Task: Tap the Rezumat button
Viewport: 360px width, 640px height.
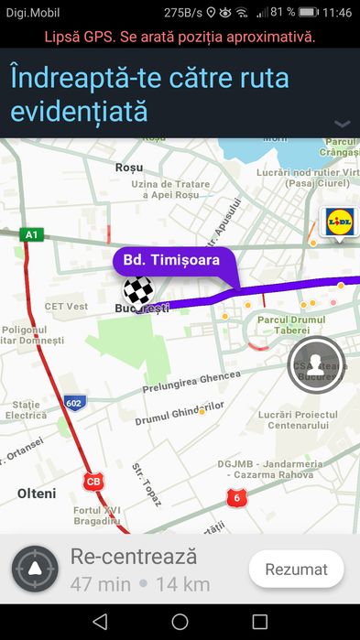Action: tap(296, 569)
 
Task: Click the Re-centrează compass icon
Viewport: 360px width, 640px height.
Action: tap(35, 569)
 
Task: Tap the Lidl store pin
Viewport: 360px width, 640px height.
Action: tap(339, 222)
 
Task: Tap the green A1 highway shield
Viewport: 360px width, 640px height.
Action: tap(32, 234)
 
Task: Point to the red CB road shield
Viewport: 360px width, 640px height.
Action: tap(93, 481)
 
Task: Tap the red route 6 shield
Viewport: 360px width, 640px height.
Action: tap(237, 497)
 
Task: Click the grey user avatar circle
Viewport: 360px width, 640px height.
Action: tap(315, 363)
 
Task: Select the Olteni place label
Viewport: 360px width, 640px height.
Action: tap(37, 494)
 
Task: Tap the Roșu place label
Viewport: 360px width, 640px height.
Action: tap(130, 168)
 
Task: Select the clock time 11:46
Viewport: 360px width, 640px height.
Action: tap(337, 12)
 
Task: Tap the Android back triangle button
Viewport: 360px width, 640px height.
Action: tap(100, 622)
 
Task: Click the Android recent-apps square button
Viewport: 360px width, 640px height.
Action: tap(259, 622)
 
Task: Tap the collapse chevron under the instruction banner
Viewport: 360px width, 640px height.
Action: tap(343, 124)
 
